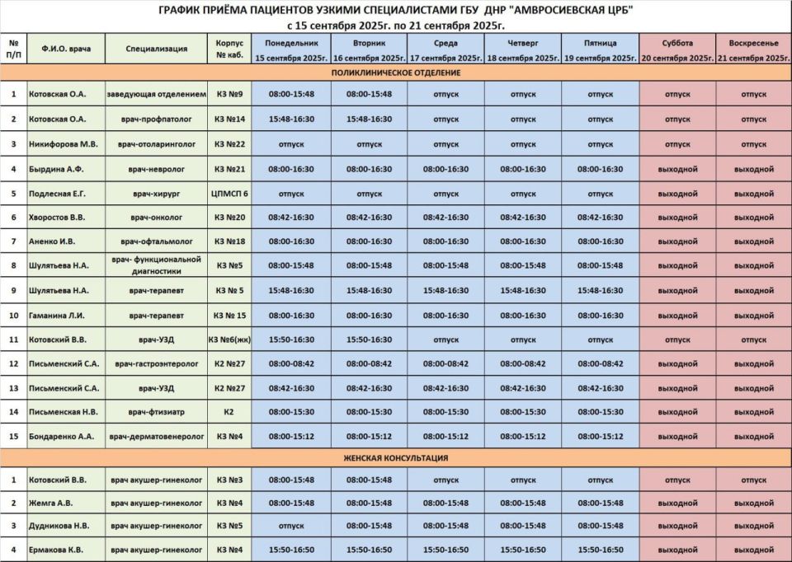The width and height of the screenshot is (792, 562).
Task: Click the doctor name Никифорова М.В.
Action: tap(64, 144)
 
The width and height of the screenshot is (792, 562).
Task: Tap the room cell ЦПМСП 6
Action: tap(229, 194)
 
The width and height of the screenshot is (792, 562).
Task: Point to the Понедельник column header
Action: tap(292, 49)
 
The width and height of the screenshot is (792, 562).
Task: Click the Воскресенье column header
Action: tap(754, 49)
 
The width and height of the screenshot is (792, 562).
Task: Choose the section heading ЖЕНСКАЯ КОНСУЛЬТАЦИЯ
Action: tap(396, 457)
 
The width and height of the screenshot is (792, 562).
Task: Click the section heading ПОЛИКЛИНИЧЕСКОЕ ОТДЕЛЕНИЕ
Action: tap(396, 73)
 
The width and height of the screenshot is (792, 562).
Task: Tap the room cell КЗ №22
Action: tap(229, 144)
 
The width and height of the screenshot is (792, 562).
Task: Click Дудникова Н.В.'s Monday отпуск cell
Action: tap(292, 525)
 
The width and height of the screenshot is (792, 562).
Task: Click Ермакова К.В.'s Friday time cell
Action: tap(601, 550)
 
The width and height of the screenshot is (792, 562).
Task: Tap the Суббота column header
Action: tap(677, 49)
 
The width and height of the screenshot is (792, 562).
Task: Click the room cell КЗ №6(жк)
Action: tap(229, 339)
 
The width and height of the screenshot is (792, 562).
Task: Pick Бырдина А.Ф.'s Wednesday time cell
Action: tap(445, 169)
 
